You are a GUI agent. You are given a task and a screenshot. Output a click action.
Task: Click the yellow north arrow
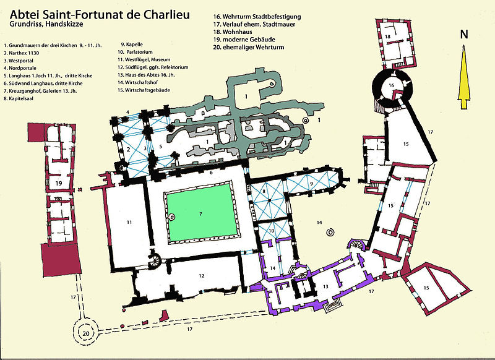(x=463, y=77)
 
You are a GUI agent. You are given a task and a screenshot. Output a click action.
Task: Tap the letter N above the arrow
(x=463, y=35)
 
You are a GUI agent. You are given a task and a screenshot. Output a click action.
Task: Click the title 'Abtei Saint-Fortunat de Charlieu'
(x=100, y=14)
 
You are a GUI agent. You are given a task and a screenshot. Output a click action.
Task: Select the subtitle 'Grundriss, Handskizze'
(x=46, y=24)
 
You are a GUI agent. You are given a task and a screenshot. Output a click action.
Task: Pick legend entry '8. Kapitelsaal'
(x=19, y=98)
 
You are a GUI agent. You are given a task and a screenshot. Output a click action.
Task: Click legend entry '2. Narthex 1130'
(x=22, y=53)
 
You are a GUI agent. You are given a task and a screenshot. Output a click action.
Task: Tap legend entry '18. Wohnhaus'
(x=233, y=32)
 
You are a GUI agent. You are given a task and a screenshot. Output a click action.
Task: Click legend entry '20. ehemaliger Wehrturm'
(x=249, y=48)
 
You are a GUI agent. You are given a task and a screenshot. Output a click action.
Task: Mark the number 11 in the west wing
(x=129, y=222)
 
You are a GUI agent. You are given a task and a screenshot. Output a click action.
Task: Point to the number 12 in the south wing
(x=202, y=276)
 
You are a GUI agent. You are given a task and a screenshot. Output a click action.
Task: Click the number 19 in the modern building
(x=58, y=183)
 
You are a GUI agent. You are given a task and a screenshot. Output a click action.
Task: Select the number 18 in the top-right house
(x=388, y=36)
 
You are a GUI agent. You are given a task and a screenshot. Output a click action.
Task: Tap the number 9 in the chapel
(x=312, y=183)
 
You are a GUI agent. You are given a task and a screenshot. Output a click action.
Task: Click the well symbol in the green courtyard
(x=171, y=217)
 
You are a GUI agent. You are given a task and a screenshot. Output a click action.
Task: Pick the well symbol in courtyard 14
(x=330, y=233)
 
